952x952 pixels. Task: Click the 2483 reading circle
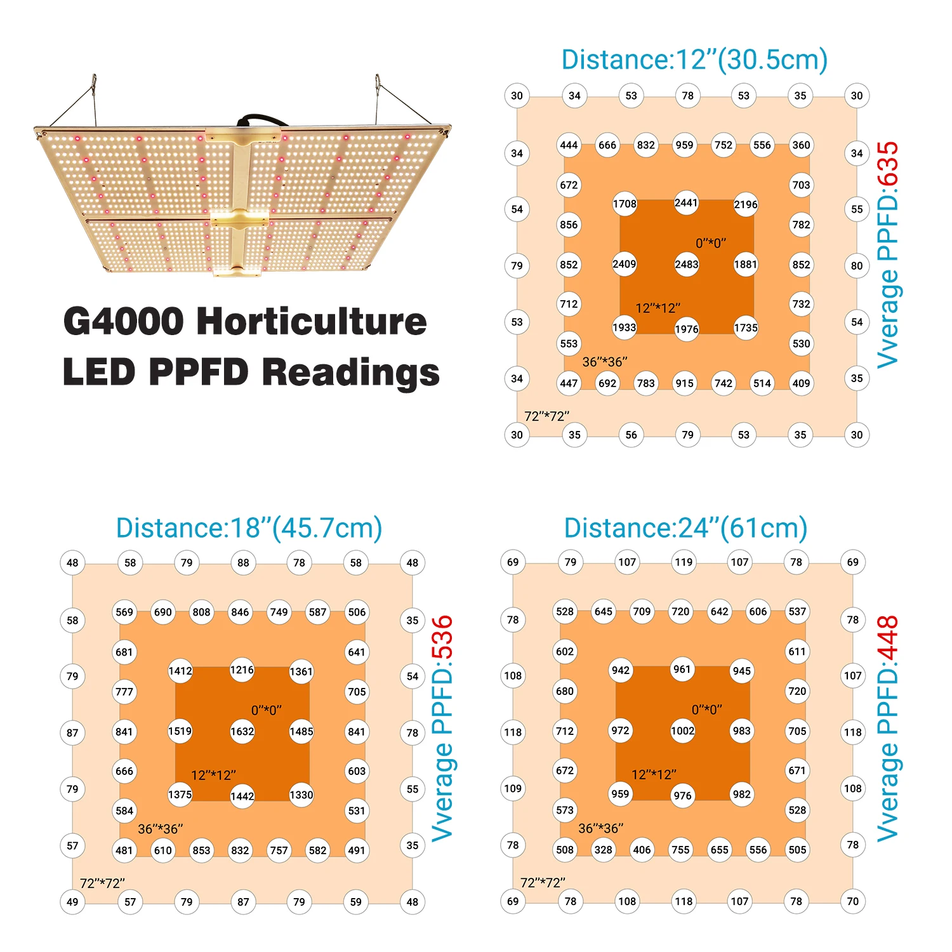[687, 265]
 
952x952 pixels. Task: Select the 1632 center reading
[242, 732]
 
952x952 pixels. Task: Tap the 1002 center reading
[683, 731]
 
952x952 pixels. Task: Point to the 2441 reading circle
[686, 203]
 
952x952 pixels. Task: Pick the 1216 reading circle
[242, 670]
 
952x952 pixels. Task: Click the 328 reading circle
[604, 850]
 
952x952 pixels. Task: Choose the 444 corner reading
[569, 145]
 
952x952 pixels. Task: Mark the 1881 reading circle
[746, 265]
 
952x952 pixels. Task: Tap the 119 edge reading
[684, 562]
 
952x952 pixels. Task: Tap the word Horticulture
[312, 321]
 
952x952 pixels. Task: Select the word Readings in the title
[351, 372]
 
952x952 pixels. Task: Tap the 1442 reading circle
[242, 797]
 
